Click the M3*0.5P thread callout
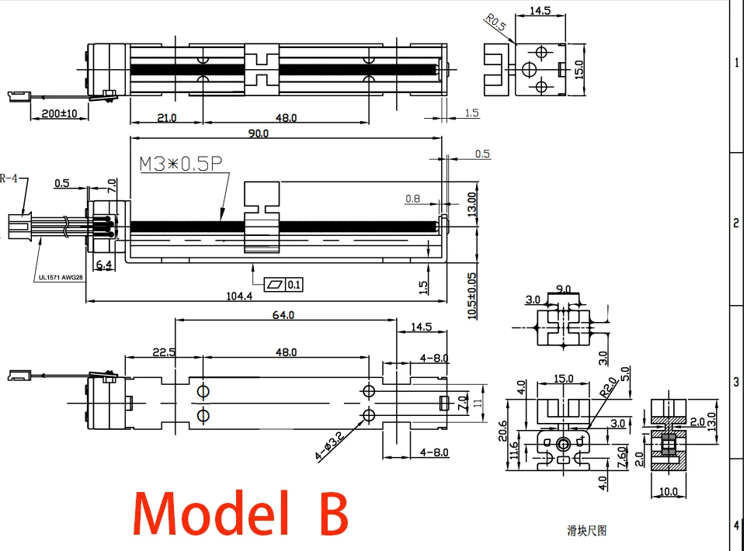coord(181,164)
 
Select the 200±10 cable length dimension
coord(59,113)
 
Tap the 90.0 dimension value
coord(259,133)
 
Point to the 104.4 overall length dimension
coord(239,296)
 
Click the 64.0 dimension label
coord(283,315)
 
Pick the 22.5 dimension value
coord(164,352)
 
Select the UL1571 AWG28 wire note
coord(61,278)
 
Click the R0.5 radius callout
coord(495,23)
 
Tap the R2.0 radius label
coord(608,386)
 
